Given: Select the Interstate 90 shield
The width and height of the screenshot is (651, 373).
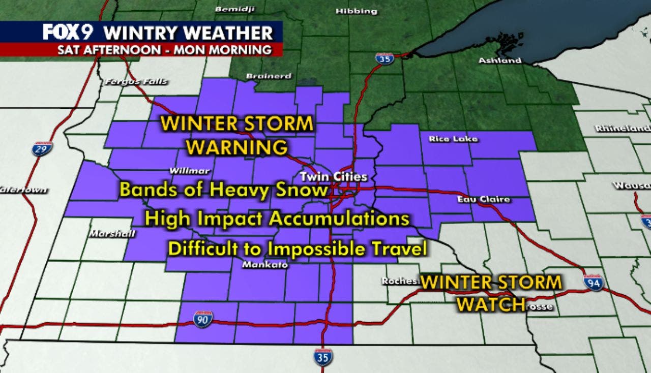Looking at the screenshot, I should [x=202, y=318].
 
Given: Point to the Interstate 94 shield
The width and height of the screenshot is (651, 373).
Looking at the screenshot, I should [x=594, y=283].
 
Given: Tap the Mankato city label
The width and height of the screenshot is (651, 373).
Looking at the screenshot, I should [x=258, y=265].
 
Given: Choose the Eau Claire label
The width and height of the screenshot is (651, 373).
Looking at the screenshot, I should [x=483, y=199].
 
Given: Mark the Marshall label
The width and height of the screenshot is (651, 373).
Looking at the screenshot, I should [x=112, y=234].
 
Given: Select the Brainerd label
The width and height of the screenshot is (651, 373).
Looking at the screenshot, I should [x=269, y=76].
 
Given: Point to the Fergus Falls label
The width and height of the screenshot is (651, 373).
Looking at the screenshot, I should [x=136, y=82].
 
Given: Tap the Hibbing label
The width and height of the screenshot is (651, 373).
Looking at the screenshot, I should [x=357, y=11].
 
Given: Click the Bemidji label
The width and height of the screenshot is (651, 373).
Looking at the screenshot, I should [x=234, y=9].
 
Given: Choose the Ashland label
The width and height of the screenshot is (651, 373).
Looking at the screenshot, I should [x=499, y=60].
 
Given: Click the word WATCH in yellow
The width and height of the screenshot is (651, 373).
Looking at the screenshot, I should [x=491, y=304].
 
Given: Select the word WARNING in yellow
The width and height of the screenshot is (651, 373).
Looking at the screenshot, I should [x=237, y=147].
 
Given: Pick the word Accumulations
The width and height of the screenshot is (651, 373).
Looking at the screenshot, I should [x=339, y=219].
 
